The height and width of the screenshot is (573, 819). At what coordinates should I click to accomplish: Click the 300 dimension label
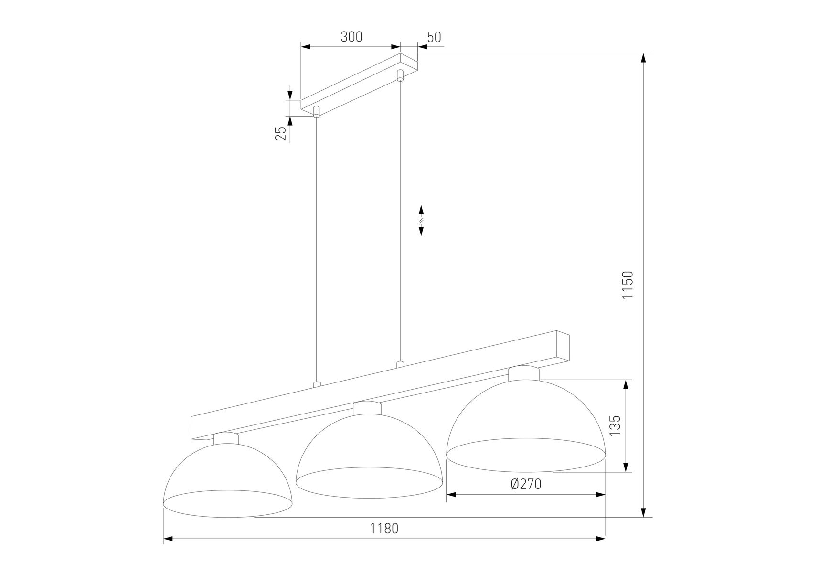click(x=351, y=37)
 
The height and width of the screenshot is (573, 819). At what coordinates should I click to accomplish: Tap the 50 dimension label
click(x=434, y=37)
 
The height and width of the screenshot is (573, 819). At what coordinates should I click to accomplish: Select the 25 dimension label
click(x=281, y=134)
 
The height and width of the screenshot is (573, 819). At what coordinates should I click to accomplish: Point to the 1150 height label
click(x=628, y=285)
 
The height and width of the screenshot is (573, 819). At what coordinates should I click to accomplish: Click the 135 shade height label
click(x=615, y=425)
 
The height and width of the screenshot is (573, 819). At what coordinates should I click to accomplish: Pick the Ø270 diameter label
click(x=526, y=484)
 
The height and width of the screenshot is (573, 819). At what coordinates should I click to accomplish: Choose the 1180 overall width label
click(x=384, y=529)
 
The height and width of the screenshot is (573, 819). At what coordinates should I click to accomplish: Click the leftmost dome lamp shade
click(x=227, y=477)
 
